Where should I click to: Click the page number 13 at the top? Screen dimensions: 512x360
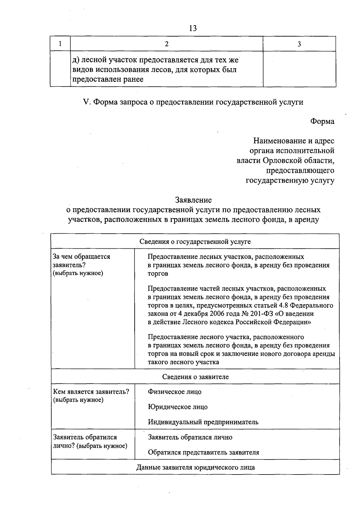coord(193,28)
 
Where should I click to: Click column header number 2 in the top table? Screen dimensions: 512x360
coord(167,44)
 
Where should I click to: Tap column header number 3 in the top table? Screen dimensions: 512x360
coord(299,44)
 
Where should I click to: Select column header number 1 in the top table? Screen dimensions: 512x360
coord(60,44)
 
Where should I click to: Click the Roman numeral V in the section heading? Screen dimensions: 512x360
coord(86,102)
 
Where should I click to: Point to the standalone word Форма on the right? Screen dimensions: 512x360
coord(322,121)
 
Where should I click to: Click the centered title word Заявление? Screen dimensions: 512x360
coord(193,200)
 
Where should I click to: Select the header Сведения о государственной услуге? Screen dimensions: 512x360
coord(195,241)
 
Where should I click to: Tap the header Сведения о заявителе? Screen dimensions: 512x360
coord(195,377)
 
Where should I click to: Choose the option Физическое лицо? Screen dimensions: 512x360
coord(175,392)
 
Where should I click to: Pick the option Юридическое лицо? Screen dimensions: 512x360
coord(178,407)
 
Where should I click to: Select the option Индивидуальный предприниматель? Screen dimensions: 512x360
coord(203,422)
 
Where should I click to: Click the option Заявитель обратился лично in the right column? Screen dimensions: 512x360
coord(190,437)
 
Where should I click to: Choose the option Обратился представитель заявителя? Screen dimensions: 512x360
coord(203,452)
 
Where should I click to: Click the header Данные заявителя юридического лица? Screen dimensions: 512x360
coord(195,467)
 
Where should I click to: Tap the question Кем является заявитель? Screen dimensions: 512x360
coord(91,392)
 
